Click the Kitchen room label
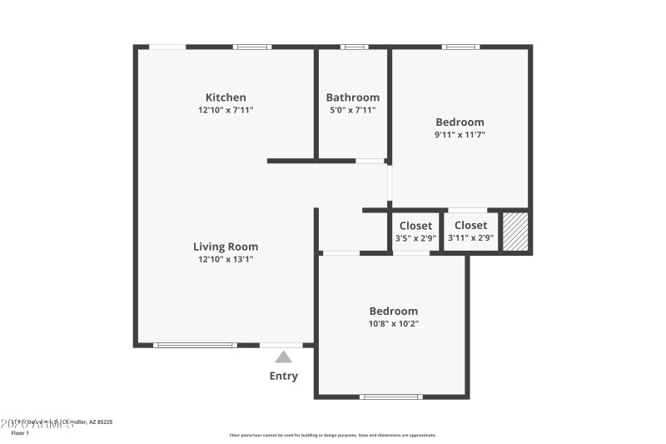point(226,97)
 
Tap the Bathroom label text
point(352,97)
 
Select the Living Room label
point(226,247)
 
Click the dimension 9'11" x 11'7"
point(460,134)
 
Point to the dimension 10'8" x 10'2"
point(394,323)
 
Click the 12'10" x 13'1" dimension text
point(226,259)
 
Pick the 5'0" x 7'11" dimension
point(352,109)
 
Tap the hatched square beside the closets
point(515,232)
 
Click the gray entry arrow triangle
point(284,357)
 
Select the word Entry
point(283,376)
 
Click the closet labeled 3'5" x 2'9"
point(415,232)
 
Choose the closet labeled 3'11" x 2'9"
point(470,232)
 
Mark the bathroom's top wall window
point(355,47)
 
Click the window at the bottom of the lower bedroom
point(390,397)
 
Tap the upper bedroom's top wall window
point(460,47)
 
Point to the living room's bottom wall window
point(195,345)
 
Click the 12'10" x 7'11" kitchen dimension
point(226,109)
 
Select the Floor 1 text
point(20,433)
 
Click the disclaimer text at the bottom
point(333,435)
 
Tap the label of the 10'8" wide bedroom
point(394,311)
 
